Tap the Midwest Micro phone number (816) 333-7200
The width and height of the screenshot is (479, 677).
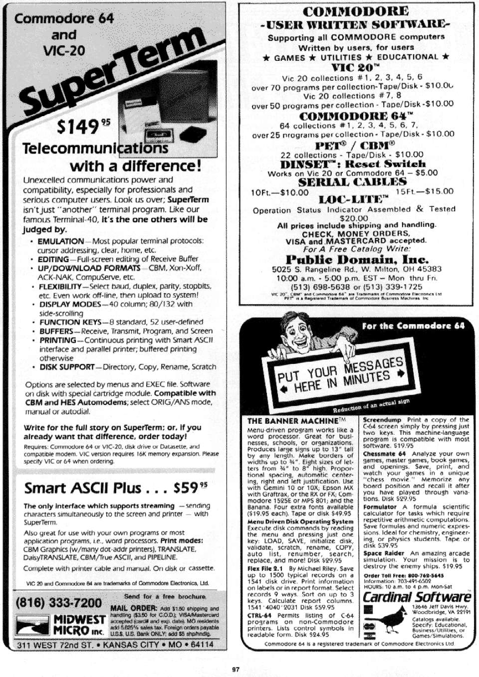(x=59, y=602)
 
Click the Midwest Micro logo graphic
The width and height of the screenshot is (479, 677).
(x=32, y=625)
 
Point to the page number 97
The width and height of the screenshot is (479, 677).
(x=236, y=669)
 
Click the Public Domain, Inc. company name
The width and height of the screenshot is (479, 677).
(x=357, y=259)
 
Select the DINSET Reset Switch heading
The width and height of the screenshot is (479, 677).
(x=353, y=164)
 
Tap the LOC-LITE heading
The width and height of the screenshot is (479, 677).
(x=353, y=200)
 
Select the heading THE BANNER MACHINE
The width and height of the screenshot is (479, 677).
(x=293, y=421)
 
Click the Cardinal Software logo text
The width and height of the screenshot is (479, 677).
(x=417, y=597)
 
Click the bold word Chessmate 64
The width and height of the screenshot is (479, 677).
(x=384, y=454)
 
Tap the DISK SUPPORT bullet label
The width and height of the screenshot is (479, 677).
(x=67, y=367)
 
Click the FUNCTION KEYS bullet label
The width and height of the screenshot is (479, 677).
(x=70, y=322)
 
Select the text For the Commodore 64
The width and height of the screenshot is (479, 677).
(x=413, y=326)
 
